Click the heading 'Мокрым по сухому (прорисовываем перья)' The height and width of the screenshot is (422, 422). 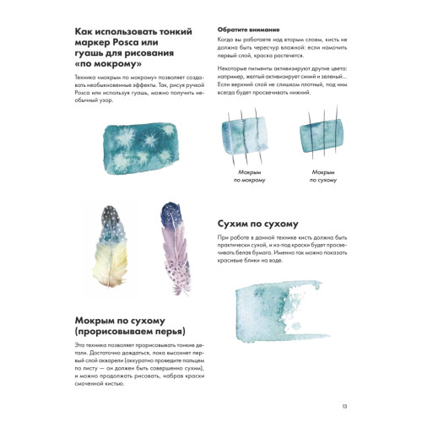127,326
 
